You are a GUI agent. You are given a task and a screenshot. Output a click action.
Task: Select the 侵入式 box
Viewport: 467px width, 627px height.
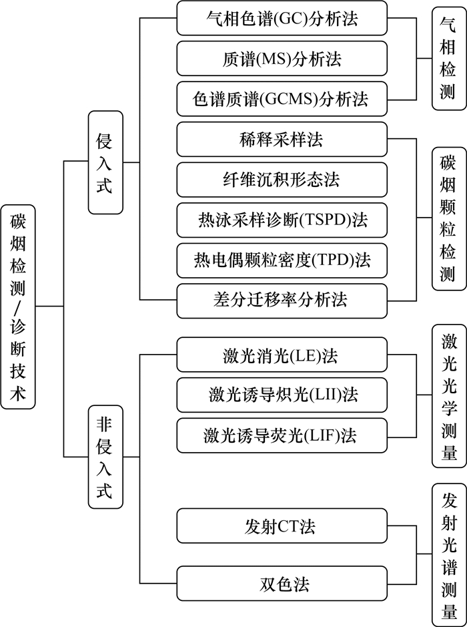tap(105, 162)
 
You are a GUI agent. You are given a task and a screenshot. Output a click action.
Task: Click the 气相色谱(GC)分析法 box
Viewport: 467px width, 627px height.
tap(282, 18)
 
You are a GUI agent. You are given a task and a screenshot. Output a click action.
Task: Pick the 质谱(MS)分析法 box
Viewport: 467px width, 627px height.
tap(282, 59)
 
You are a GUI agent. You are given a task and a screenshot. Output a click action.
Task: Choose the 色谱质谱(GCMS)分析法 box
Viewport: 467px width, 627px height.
tap(282, 99)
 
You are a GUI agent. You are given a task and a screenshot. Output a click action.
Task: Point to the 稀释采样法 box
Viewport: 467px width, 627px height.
tap(282, 140)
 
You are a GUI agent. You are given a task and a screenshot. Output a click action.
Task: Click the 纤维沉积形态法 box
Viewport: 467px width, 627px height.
tap(282, 180)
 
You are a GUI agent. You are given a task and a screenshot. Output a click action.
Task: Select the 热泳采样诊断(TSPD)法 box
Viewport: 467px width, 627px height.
tap(282, 220)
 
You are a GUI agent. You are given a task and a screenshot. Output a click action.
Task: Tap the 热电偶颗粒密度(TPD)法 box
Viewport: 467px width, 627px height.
tap(282, 260)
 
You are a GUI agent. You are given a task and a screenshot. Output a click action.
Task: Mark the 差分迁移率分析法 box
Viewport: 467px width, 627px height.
tap(282, 300)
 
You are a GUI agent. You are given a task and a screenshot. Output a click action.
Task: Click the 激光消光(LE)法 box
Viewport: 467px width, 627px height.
tap(282, 355)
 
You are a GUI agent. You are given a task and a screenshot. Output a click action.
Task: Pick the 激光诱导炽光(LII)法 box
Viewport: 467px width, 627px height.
tap(282, 395)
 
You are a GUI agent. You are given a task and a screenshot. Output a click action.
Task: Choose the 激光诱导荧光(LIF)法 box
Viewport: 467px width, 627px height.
tap(282, 435)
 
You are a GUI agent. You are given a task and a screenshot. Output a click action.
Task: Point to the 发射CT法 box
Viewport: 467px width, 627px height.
tap(282, 526)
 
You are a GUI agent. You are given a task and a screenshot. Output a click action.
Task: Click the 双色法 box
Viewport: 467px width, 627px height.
tap(282, 584)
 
